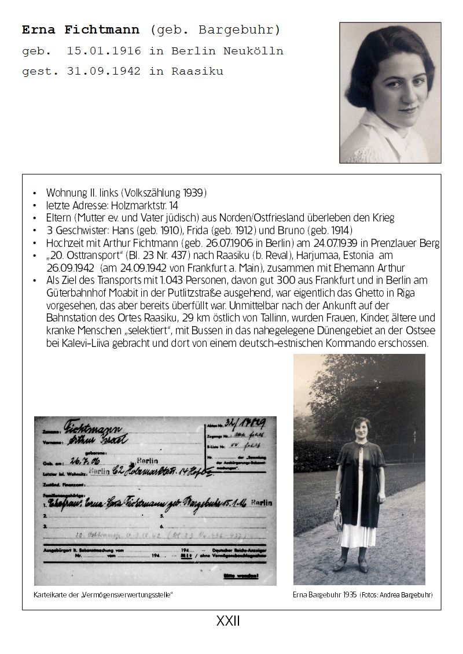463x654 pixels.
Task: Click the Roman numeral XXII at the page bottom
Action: [228, 622]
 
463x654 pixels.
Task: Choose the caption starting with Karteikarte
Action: [104, 594]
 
